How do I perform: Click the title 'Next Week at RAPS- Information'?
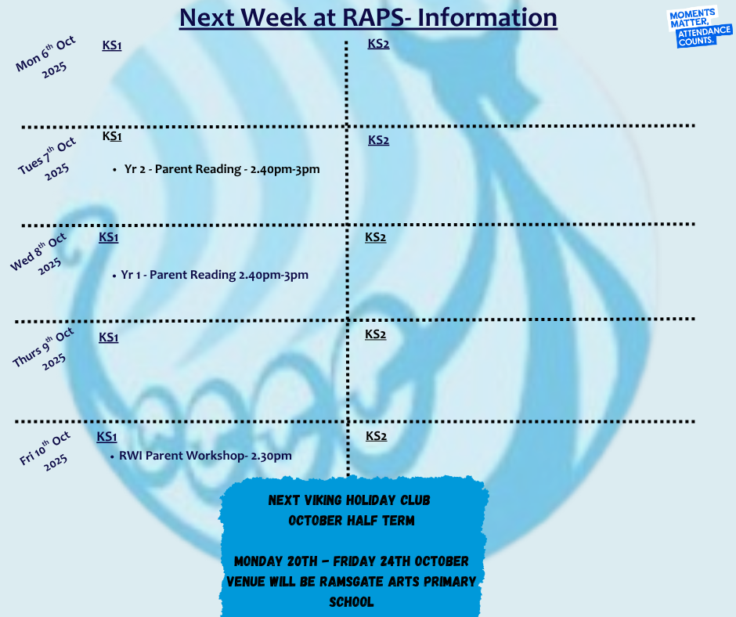369,18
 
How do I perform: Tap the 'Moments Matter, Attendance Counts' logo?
699,27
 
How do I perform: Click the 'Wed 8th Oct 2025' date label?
40,254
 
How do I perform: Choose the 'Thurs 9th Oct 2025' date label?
44,349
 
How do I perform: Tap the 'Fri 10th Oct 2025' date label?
45,451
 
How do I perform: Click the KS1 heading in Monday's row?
112,45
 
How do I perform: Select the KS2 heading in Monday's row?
378,44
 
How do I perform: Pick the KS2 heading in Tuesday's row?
378,140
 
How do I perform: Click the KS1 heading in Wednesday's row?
108,237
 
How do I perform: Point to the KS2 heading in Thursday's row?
376,334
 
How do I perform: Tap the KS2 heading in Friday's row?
376,436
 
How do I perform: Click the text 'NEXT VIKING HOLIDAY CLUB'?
349,500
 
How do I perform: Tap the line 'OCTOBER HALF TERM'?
352,521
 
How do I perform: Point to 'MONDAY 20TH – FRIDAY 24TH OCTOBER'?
352,561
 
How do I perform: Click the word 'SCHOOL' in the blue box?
351,602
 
